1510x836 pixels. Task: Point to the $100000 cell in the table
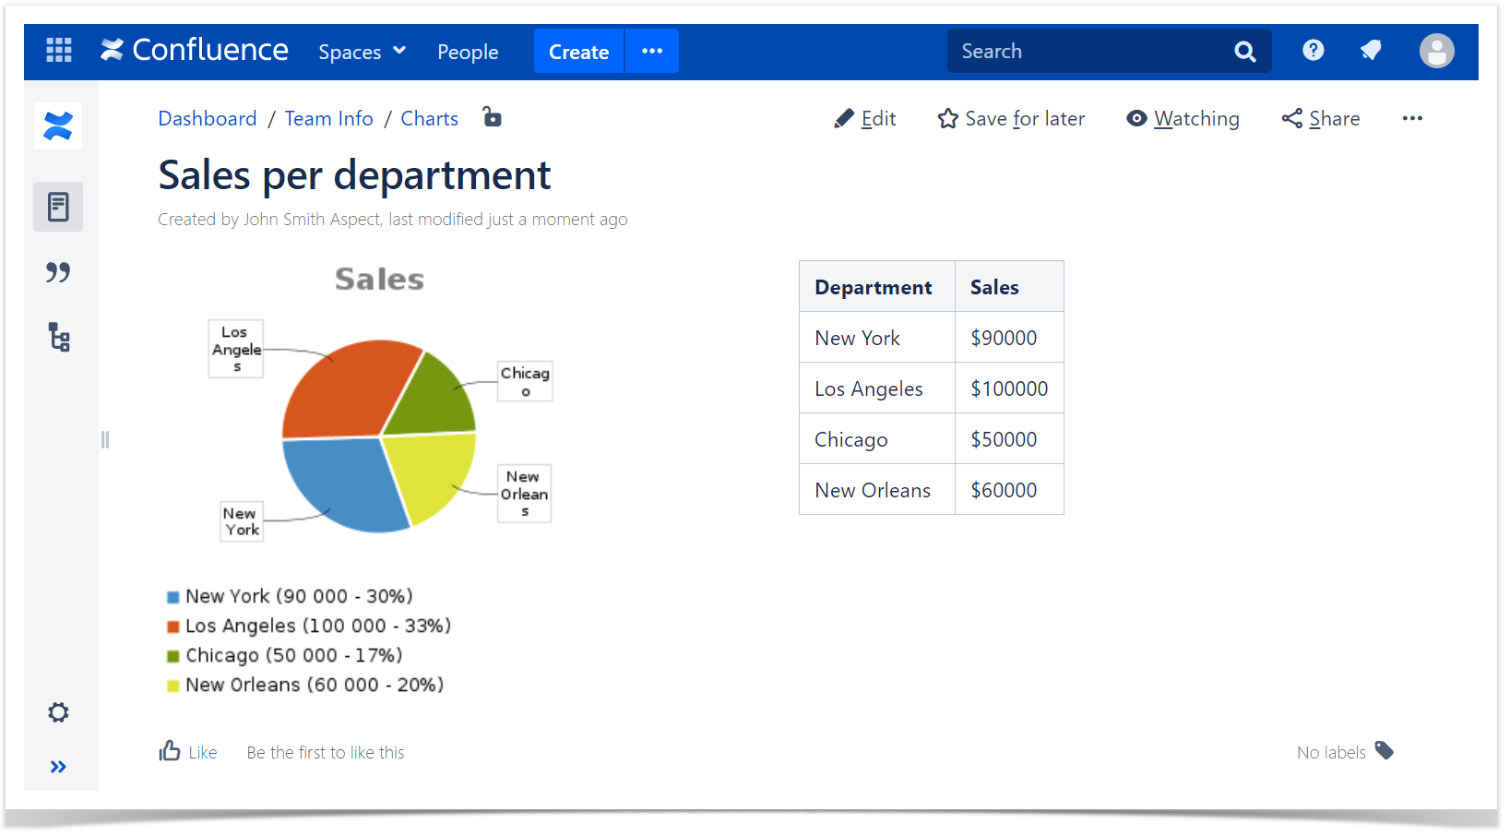pyautogui.click(x=1009, y=388)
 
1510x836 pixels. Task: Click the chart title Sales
pyautogui.click(x=379, y=279)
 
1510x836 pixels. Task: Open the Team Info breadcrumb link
pyautogui.click(x=329, y=119)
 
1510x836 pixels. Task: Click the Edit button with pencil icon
pyautogui.click(x=865, y=119)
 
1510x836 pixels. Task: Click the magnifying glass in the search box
pyautogui.click(x=1244, y=52)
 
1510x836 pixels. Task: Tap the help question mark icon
pyautogui.click(x=1314, y=51)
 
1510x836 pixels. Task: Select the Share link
pyautogui.click(x=1321, y=119)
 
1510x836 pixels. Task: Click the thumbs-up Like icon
pyautogui.click(x=170, y=750)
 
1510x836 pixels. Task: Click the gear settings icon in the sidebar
pyautogui.click(x=59, y=712)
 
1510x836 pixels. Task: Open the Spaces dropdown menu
pyautogui.click(x=362, y=52)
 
